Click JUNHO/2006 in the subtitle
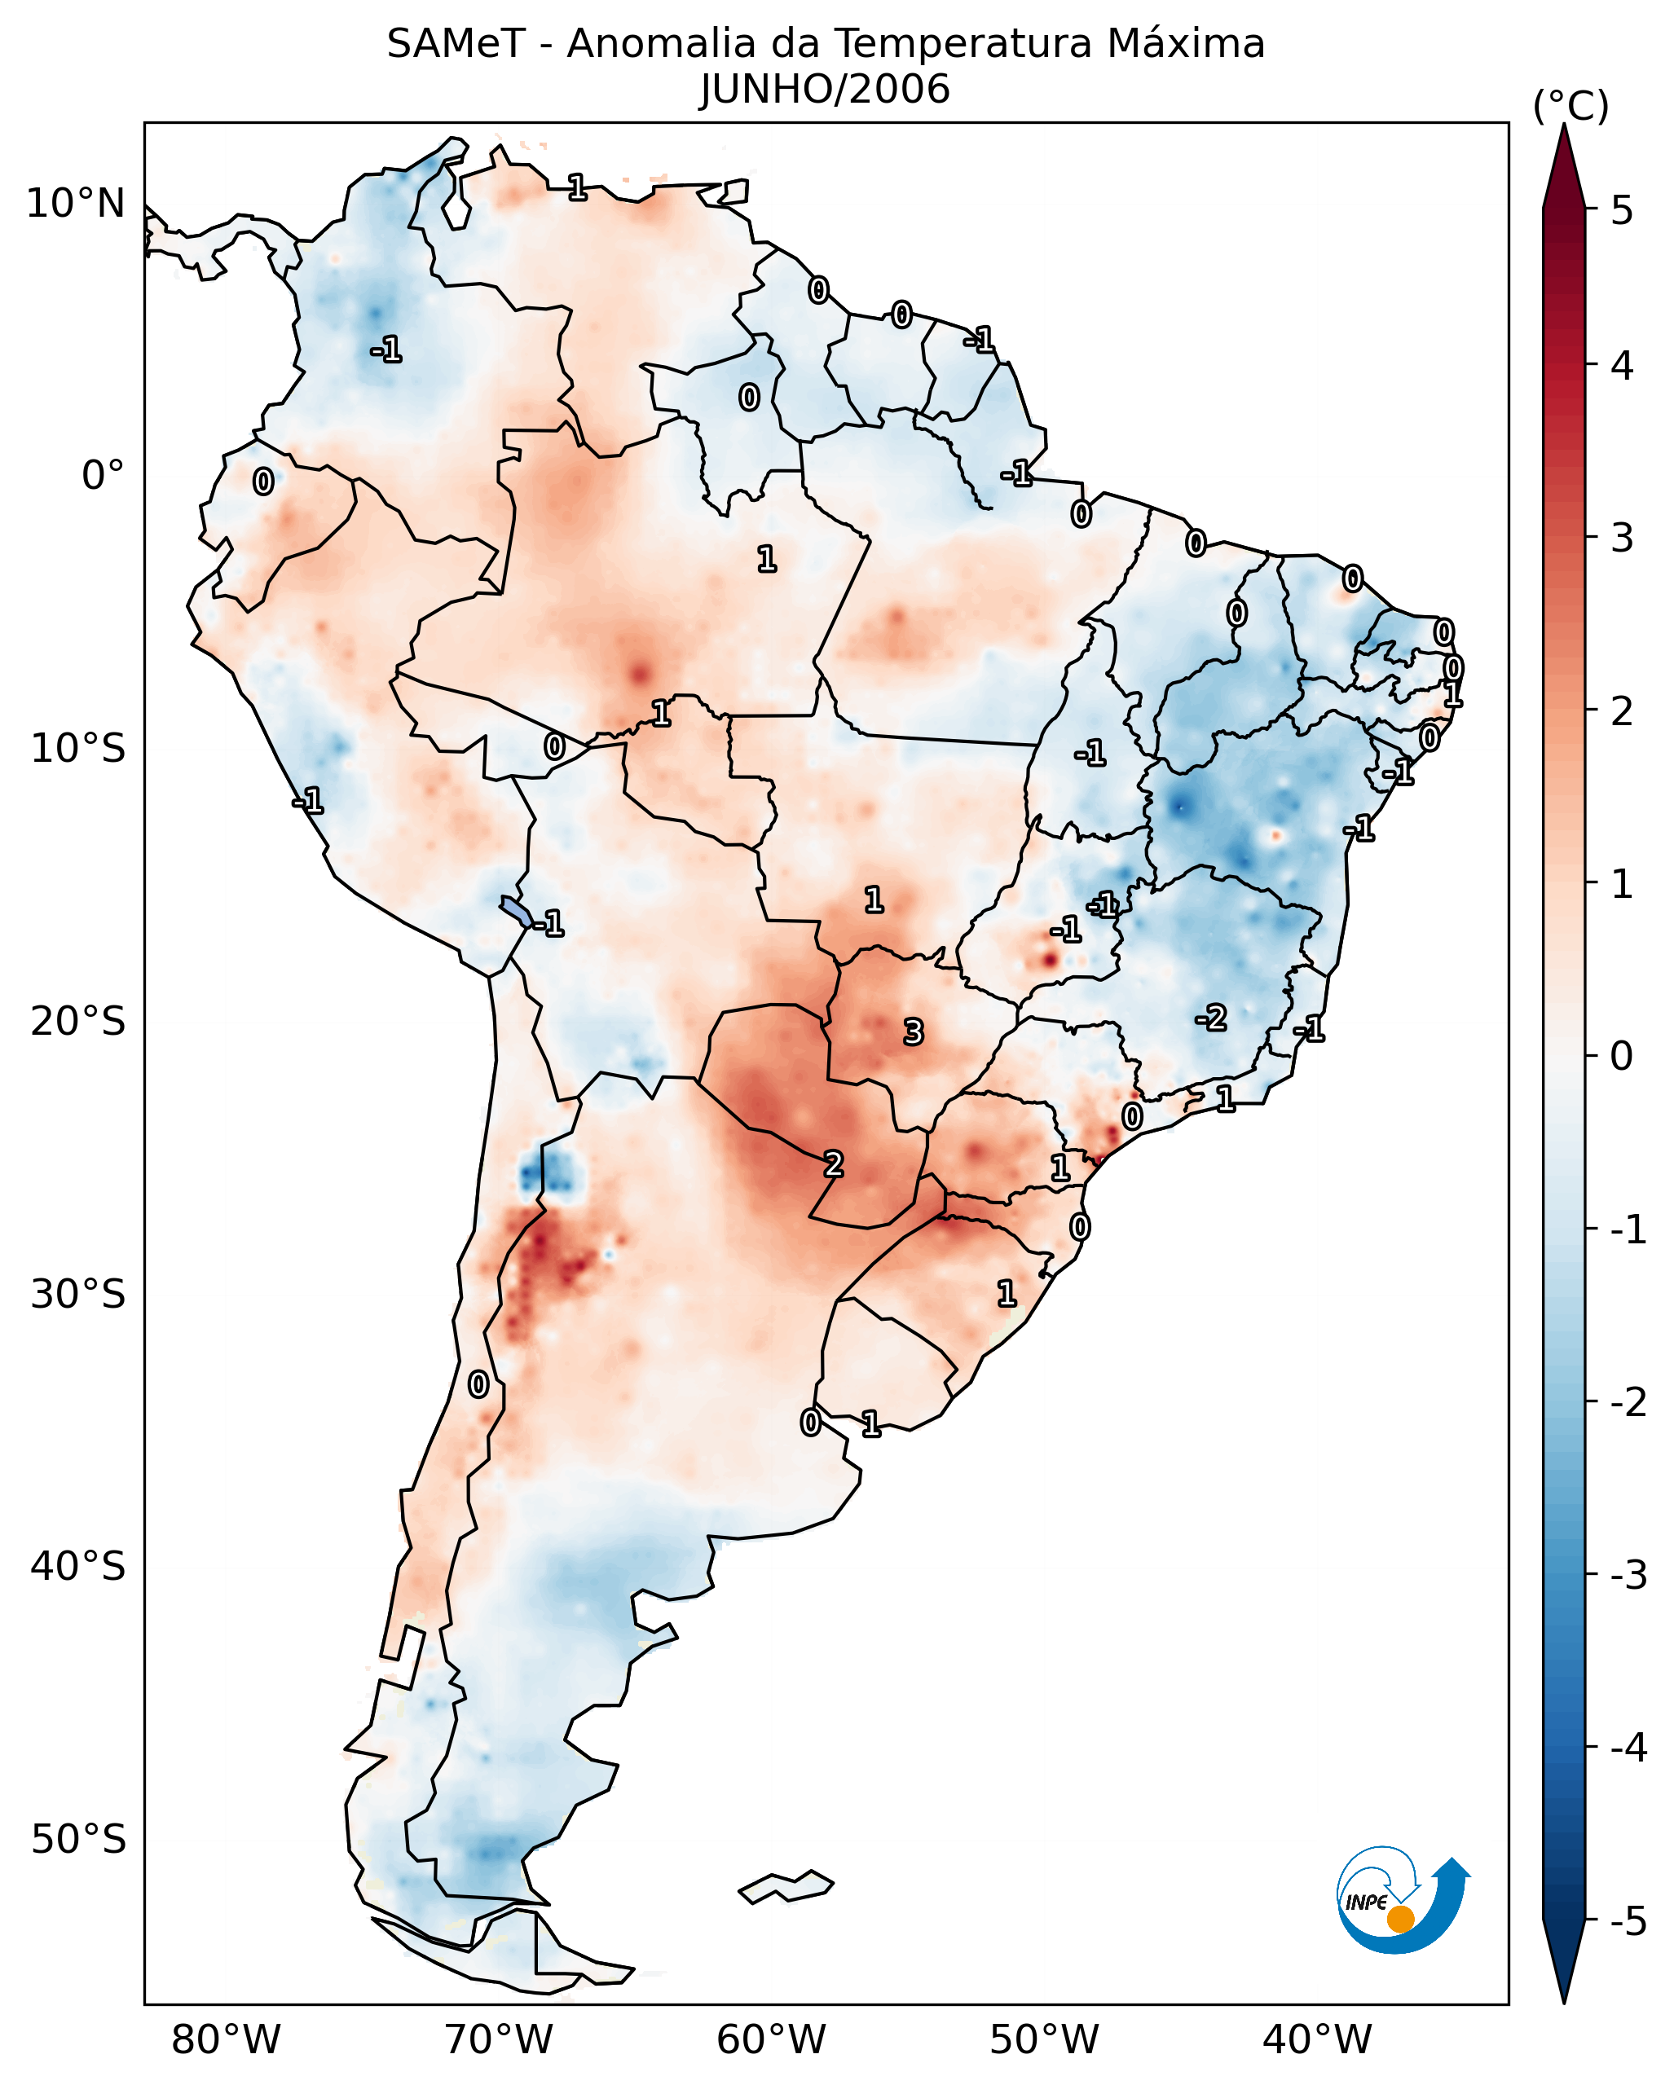pyautogui.click(x=825, y=90)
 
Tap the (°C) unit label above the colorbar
pyautogui.click(x=1570, y=107)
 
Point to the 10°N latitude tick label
pyautogui.click(x=76, y=204)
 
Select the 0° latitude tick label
pyautogui.click(x=103, y=476)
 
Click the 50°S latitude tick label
pyautogui.click(x=77, y=1840)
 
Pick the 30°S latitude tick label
pyautogui.click(x=77, y=1294)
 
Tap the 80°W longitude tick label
pyautogui.click(x=225, y=2039)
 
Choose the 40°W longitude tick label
pyautogui.click(x=1316, y=2039)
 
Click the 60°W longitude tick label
pyautogui.click(x=771, y=2039)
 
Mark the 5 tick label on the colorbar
pyautogui.click(x=1622, y=210)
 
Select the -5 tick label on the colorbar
pyautogui.click(x=1628, y=1921)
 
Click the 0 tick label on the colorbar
pyautogui.click(x=1622, y=1056)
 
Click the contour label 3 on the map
pyautogui.click(x=913, y=1033)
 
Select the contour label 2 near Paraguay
pyautogui.click(x=833, y=1164)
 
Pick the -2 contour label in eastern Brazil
pyautogui.click(x=1211, y=1018)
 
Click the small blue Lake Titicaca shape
pyautogui.click(x=515, y=910)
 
